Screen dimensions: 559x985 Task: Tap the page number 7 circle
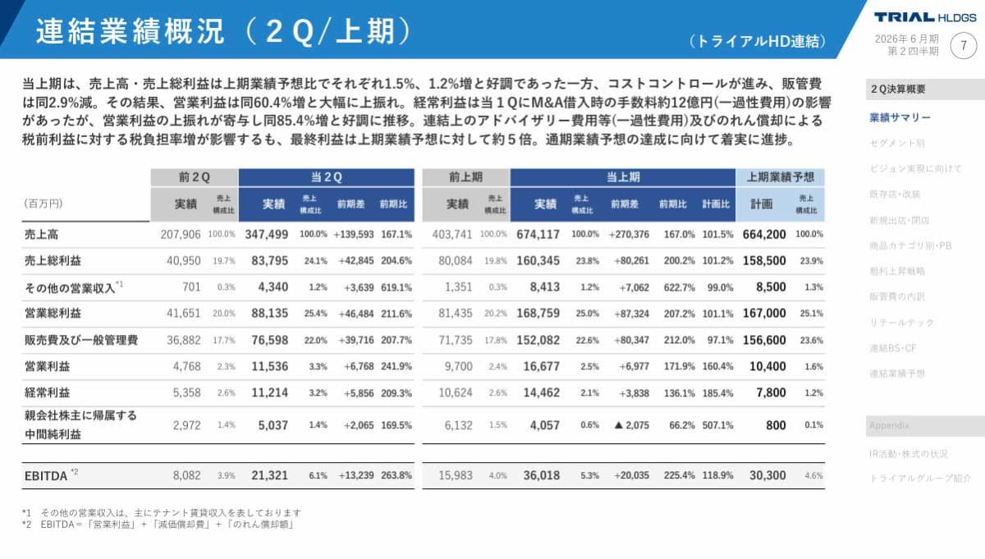[964, 46]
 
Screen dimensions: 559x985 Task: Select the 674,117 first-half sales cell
[538, 234]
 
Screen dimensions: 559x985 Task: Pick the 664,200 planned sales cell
[764, 234]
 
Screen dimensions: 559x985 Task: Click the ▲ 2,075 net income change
[628, 425]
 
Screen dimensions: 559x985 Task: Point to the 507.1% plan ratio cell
[717, 425]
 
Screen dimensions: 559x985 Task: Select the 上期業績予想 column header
[780, 176]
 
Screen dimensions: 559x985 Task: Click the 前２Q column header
[194, 176]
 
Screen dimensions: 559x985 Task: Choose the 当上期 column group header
[623, 176]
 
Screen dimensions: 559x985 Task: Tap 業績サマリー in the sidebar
[900, 117]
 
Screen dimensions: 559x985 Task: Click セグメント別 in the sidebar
[896, 143]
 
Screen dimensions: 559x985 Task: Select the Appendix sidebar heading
[888, 426]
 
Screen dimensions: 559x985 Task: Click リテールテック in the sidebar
[901, 323]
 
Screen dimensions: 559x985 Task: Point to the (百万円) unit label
[42, 204]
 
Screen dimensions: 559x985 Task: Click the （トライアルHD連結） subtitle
[757, 41]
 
